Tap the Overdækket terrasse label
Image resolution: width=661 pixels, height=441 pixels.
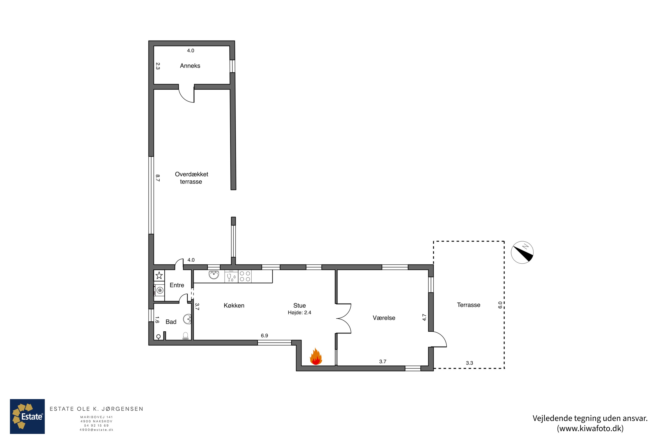[191, 178]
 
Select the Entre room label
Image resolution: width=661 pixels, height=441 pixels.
[177, 285]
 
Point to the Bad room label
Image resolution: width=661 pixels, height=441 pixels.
[171, 322]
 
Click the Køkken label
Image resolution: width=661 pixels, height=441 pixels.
[234, 305]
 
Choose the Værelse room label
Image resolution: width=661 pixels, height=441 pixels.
[384, 318]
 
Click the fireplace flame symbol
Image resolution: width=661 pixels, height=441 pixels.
[316, 356]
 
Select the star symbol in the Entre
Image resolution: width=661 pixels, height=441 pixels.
[159, 275]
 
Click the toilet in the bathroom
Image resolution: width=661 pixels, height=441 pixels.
[186, 336]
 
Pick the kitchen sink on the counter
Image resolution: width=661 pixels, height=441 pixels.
[214, 275]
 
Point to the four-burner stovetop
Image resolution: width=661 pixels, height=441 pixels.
[245, 276]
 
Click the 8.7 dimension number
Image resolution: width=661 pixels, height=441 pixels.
[158, 178]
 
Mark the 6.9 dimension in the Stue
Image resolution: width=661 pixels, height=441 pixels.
[264, 336]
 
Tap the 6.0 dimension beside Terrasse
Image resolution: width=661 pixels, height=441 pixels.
[500, 305]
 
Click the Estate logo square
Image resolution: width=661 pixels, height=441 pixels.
[27, 416]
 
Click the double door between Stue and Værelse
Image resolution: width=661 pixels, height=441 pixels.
[344, 319]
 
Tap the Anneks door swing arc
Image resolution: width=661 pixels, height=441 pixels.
[184, 98]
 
